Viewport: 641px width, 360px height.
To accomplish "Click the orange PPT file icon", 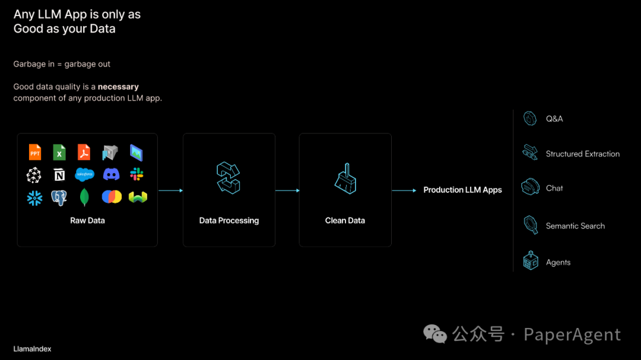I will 35,152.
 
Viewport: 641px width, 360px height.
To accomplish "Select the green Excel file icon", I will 59,152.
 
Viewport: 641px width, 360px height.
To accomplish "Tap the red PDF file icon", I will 84,152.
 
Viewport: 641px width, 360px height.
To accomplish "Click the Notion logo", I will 59,175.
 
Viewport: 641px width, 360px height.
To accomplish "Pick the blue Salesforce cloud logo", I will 85,174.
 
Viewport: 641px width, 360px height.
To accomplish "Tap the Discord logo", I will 111,174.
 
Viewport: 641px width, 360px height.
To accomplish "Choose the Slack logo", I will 137,174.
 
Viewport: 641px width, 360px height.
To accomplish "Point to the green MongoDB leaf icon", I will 84,197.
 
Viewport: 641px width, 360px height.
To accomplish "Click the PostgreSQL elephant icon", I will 59,197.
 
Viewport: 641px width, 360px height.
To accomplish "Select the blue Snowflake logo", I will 35,197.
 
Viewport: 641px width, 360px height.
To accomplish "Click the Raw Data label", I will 87,221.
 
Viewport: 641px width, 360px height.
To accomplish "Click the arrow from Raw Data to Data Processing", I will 170,190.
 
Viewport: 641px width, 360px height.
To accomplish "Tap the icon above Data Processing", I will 229,178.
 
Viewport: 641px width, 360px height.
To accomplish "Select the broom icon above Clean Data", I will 345,178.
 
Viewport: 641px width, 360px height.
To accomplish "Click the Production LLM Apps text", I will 462,190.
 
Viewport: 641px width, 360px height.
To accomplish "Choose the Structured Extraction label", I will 582,154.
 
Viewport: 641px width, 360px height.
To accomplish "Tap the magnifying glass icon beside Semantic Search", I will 530,225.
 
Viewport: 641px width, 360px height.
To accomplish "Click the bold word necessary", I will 118,87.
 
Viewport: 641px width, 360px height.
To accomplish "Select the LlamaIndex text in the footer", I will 32,349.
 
